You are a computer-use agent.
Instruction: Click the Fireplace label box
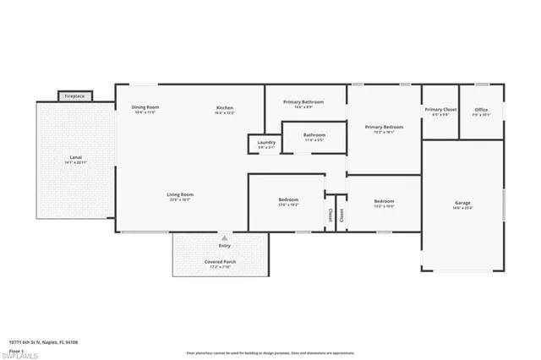pos(75,96)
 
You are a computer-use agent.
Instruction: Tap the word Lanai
pos(75,157)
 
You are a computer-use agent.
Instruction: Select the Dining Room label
pos(145,107)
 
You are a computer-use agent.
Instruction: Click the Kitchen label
pos(224,107)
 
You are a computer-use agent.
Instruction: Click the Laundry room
pos(265,145)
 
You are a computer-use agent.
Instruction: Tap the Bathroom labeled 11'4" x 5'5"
pos(314,135)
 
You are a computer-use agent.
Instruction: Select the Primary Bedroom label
pos(384,128)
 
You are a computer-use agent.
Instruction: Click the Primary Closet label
pos(440,110)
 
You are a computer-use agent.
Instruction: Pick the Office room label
pos(481,110)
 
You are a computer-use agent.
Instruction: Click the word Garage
pos(462,203)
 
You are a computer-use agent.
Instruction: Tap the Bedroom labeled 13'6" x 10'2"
pos(287,200)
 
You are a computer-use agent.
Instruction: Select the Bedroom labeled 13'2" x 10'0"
pos(384,201)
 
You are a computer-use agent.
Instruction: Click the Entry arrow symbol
pos(224,237)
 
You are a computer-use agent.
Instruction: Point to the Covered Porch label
pos(220,262)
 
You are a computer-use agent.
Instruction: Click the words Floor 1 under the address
pos(17,347)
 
